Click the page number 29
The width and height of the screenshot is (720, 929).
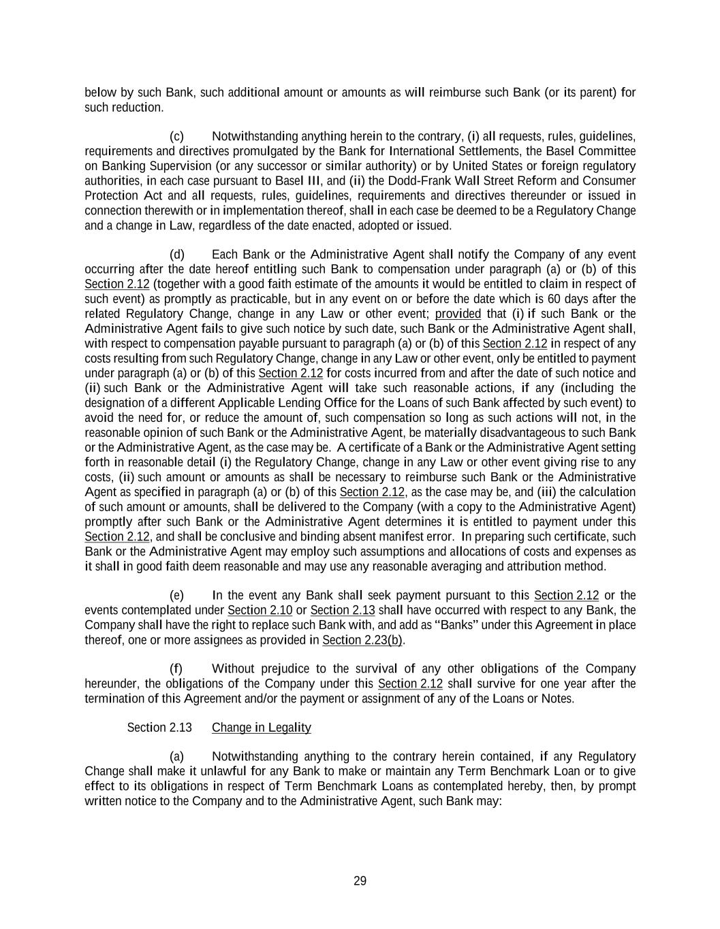pos(360,881)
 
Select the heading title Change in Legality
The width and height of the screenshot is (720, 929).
pos(261,728)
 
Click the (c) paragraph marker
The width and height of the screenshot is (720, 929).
pos(176,136)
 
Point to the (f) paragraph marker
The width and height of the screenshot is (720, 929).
pos(176,668)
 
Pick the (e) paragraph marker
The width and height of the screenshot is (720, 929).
pos(176,596)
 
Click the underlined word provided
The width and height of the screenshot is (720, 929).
pos(458,314)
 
